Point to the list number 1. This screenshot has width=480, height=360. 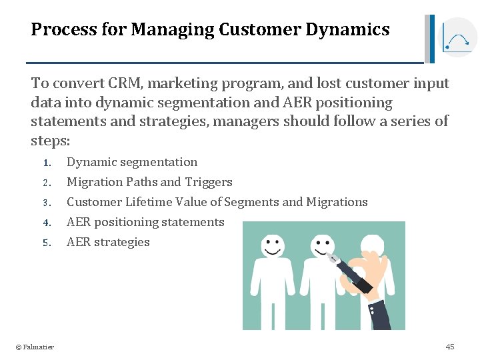coord(46,163)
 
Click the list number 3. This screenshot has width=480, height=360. coord(46,203)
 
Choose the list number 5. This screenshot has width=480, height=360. coord(46,243)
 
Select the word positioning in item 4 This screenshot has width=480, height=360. coord(126,222)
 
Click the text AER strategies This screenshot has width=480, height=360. coord(108,242)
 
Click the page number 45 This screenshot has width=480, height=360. coord(450,347)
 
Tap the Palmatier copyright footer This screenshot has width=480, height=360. coord(35,347)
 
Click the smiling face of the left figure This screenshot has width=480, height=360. coord(272,246)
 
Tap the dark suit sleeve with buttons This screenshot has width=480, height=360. coord(387,313)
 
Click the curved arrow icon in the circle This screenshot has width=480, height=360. coord(459,39)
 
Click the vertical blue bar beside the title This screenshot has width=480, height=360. coord(432,39)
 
